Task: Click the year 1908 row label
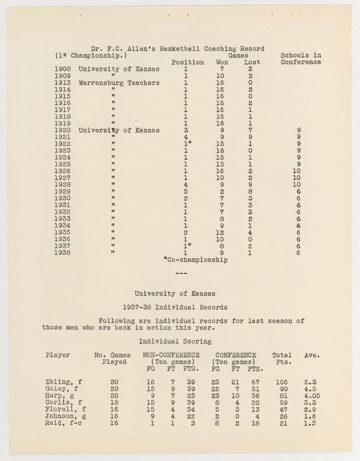(x=62, y=70)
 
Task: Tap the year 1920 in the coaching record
(x=62, y=130)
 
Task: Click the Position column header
(x=188, y=62)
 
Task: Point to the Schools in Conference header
(x=301, y=59)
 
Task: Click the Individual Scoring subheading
(x=175, y=341)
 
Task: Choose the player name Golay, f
(x=60, y=388)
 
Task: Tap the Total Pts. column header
(x=281, y=358)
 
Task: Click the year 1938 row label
(x=62, y=252)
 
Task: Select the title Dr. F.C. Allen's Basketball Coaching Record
(x=178, y=49)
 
